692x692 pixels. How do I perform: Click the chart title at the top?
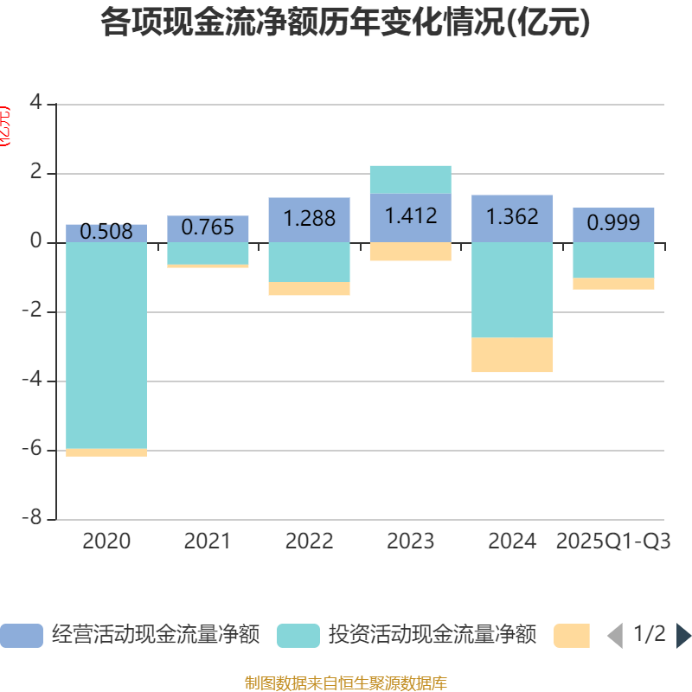click(345, 22)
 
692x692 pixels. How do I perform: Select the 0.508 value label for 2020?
click(106, 232)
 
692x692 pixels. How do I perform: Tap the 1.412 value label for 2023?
click(411, 215)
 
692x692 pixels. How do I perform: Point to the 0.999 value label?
click(613, 223)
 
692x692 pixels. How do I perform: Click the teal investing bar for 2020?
click(106, 345)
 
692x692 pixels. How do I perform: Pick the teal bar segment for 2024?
click(512, 290)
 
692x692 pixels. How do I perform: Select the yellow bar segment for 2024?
click(512, 355)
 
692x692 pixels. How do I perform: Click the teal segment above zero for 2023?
click(411, 179)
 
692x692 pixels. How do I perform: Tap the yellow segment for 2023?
click(411, 251)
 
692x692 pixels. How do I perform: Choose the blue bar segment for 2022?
click(309, 219)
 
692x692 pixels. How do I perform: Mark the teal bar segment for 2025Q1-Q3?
click(613, 260)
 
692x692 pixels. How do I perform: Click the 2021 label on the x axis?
click(208, 541)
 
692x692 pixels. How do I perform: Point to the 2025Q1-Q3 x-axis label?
click(613, 541)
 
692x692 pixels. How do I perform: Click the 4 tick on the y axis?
click(35, 104)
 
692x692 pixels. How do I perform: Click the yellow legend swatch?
click(572, 636)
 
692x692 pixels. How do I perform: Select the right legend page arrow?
click(683, 636)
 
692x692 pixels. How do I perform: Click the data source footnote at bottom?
click(345, 683)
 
